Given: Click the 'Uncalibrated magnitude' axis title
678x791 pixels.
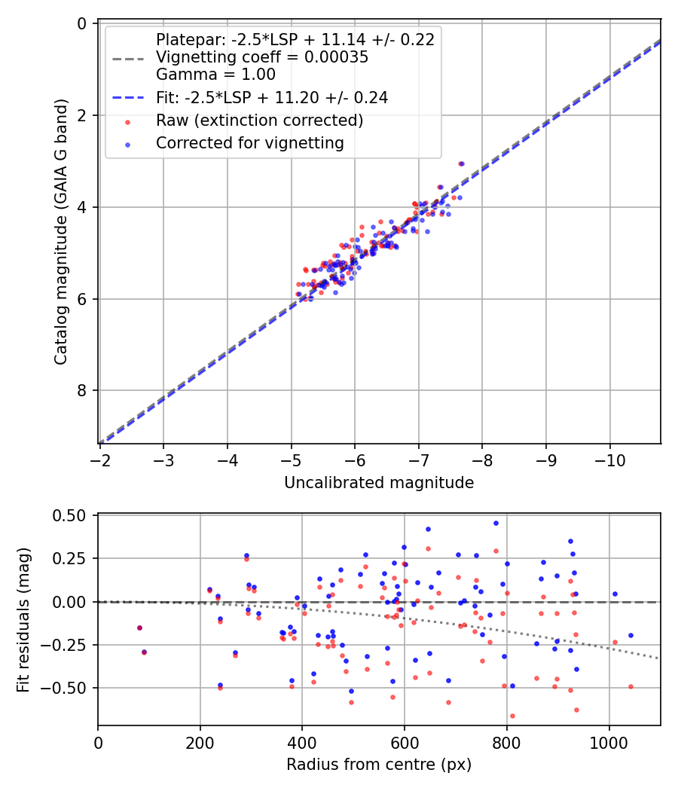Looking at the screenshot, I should (x=379, y=483).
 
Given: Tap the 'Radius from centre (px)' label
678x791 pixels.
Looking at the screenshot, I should (x=379, y=765).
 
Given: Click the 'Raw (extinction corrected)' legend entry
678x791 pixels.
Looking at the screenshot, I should (x=260, y=121).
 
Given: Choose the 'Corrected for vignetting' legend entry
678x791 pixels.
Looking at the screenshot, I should (x=249, y=142).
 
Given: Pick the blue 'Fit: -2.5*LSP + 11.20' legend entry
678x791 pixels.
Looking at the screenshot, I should (x=271, y=98).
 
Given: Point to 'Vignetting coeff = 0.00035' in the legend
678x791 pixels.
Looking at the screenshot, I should (x=262, y=57).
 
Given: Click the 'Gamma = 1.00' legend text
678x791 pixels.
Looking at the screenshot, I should (x=215, y=74).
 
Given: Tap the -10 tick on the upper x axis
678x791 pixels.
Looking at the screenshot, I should (x=610, y=460).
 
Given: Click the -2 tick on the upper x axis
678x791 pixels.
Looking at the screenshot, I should (x=100, y=460).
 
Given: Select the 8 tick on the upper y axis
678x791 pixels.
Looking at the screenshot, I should (x=83, y=390).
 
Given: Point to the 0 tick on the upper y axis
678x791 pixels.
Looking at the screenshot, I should (x=83, y=23).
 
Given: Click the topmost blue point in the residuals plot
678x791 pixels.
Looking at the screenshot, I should (x=496, y=523).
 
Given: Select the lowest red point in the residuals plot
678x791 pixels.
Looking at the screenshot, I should (x=512, y=716).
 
